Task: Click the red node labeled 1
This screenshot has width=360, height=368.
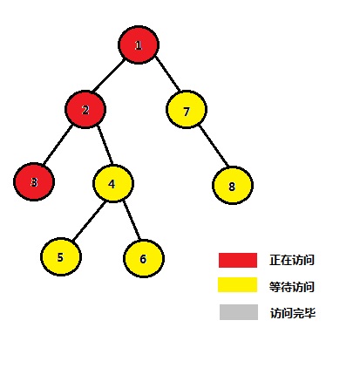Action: pyautogui.click(x=139, y=44)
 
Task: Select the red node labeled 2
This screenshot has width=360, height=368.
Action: pyautogui.click(x=85, y=110)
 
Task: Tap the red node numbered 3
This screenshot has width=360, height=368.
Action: pyautogui.click(x=34, y=182)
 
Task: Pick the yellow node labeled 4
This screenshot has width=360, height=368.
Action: pyautogui.click(x=113, y=183)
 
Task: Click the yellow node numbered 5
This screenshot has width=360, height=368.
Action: pyautogui.click(x=61, y=257)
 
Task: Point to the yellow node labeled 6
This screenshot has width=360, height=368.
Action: pyautogui.click(x=144, y=258)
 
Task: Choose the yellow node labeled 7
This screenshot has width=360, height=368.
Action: pyautogui.click(x=187, y=110)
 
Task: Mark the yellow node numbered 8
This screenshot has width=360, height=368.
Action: pyautogui.click(x=233, y=185)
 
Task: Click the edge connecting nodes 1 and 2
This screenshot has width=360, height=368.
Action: pyautogui.click(x=109, y=75)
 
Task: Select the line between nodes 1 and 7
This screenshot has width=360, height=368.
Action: pyautogui.click(x=167, y=73)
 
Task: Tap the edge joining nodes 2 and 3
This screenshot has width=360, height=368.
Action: pyautogui.click(x=58, y=145)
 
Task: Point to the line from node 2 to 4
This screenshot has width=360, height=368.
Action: pyautogui.click(x=105, y=146)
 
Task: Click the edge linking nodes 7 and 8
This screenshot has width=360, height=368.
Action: pyautogui.click(x=214, y=146)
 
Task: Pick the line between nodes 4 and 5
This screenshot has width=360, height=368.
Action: pyautogui.click(x=88, y=221)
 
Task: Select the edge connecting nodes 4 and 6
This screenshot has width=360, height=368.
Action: pyautogui.click(x=132, y=220)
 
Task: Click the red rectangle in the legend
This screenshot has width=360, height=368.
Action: pyautogui.click(x=238, y=260)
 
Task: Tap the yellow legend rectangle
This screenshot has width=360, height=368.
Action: pyautogui.click(x=238, y=284)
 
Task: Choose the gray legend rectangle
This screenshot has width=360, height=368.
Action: pyautogui.click(x=239, y=312)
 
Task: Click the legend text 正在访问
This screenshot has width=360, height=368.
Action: pyautogui.click(x=292, y=260)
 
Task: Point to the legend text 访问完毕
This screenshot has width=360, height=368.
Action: pyautogui.click(x=293, y=313)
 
